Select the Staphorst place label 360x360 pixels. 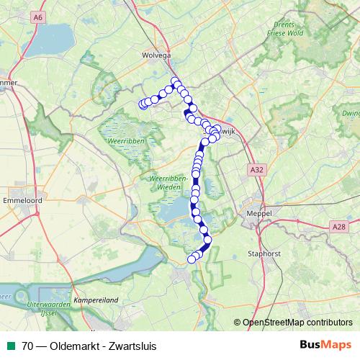(261, 253)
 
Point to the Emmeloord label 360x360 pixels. (21, 199)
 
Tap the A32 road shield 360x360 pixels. (257, 168)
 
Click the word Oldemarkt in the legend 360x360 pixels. (73, 346)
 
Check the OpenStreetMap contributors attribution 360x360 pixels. (299, 323)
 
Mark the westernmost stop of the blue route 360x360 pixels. (143, 104)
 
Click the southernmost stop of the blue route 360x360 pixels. (192, 259)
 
